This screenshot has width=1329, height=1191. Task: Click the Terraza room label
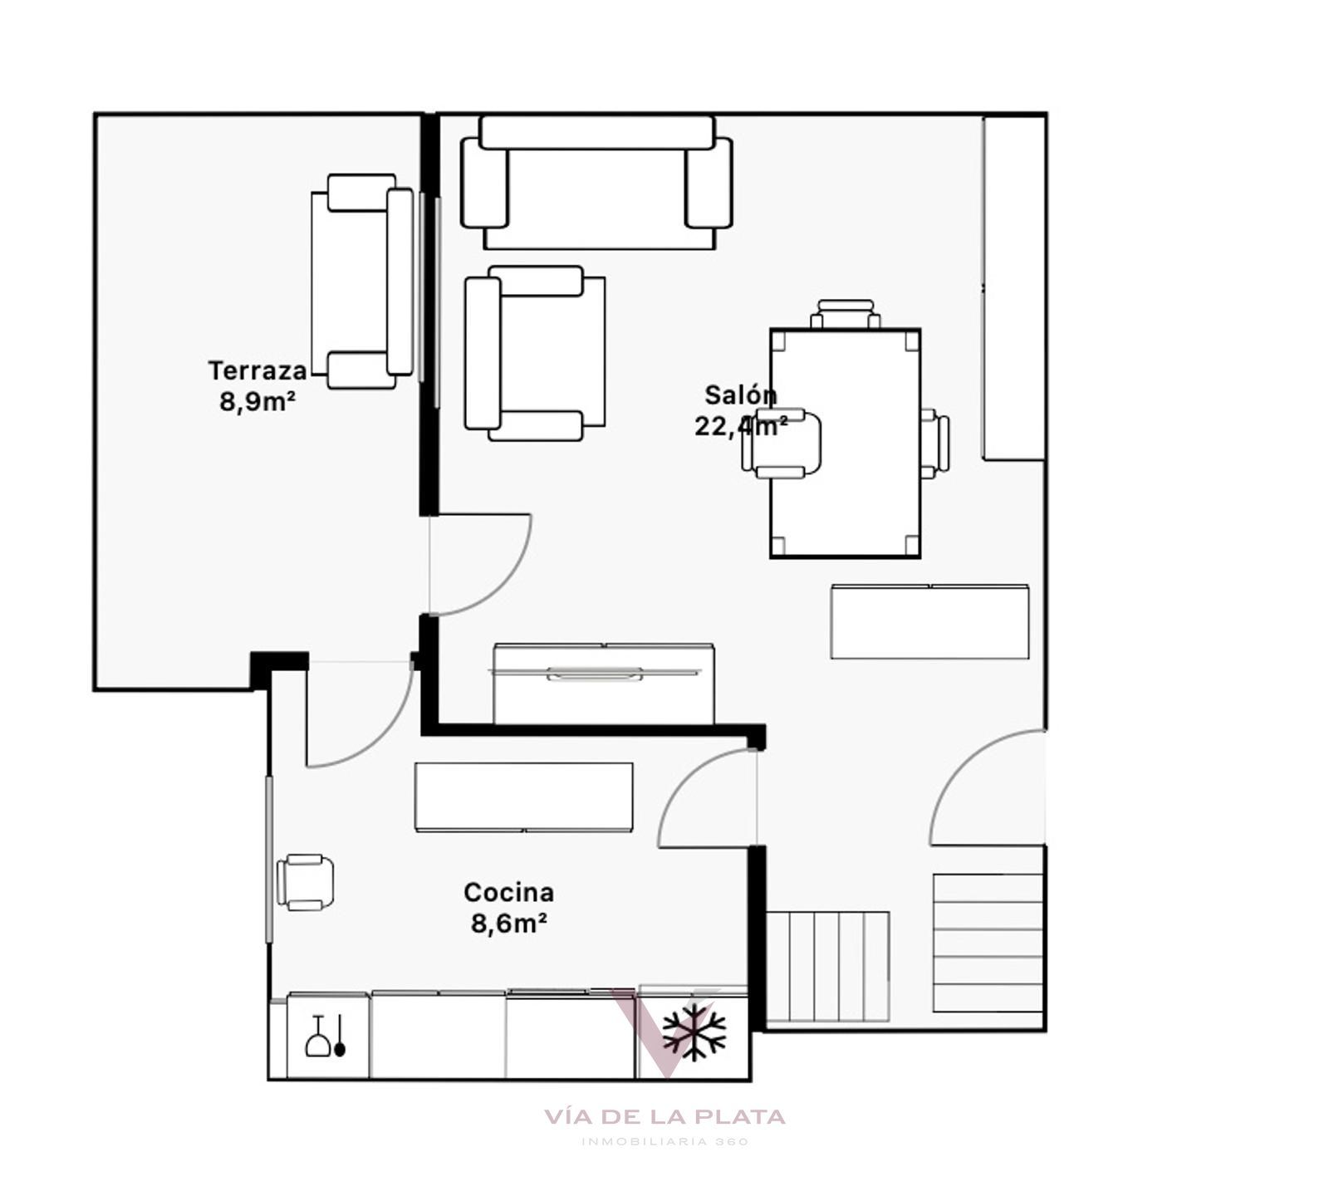coord(257,370)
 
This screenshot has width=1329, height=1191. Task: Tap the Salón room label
coord(741,395)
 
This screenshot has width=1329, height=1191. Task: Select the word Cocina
coord(508,893)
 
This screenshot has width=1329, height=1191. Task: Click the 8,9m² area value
coord(257,402)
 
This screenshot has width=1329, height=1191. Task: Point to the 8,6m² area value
coord(508,924)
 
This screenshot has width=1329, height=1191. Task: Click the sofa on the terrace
coord(362,282)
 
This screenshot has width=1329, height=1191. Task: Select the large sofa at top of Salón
coord(596,183)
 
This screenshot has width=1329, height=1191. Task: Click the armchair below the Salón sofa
coord(535,353)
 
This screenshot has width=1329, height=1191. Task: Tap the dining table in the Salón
coord(845,444)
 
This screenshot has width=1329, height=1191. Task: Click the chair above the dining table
coord(845,315)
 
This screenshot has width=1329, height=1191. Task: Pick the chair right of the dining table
coord(935,444)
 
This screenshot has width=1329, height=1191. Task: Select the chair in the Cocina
coord(305,882)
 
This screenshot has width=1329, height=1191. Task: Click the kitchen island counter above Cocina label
coord(523,797)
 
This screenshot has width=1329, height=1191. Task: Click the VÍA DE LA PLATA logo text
coord(664,1117)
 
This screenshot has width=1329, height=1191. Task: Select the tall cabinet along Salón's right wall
coord(1014,287)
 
